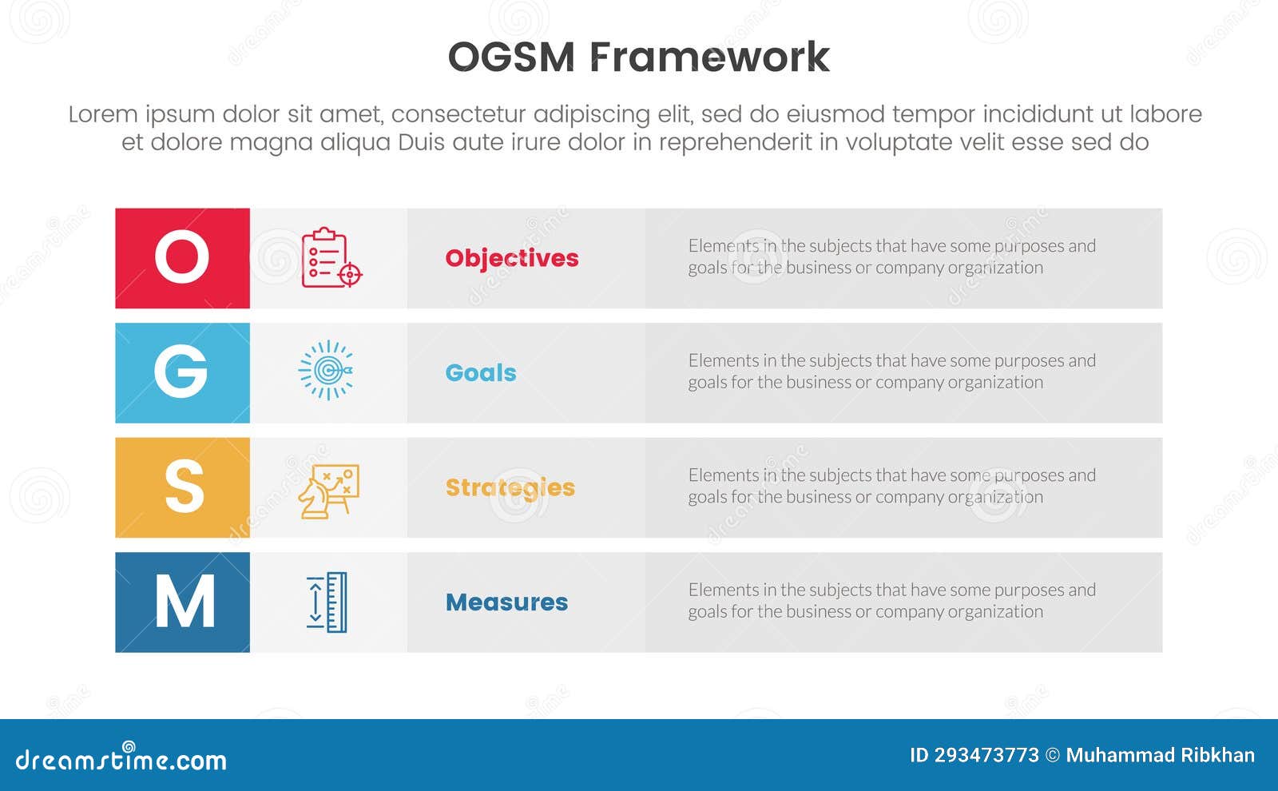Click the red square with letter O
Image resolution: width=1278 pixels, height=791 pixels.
coord(182,258)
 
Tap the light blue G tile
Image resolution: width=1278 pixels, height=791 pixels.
coord(182,372)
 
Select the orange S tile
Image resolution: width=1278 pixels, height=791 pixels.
coord(182,487)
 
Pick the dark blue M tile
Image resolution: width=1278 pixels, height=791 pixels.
coord(182,602)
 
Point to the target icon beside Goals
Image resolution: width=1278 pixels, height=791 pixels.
coord(327,370)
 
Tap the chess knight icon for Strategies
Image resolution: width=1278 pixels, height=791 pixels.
coord(328,491)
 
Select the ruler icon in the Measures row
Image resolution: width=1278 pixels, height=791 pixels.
coord(327,602)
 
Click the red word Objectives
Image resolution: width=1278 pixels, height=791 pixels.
coord(512,258)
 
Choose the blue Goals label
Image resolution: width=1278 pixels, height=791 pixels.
coord(481,372)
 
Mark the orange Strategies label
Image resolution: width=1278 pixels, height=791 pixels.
coord(510,487)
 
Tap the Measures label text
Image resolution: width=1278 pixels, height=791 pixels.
coord(506,602)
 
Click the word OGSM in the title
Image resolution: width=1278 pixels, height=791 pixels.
coord(511,58)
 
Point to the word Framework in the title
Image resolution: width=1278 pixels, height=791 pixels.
coord(709,58)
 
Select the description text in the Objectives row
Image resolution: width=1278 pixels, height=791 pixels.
coord(891,256)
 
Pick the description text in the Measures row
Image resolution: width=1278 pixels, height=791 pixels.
coord(891,600)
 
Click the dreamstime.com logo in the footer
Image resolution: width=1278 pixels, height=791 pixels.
coord(121,759)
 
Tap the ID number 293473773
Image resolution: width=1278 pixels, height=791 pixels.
coord(986,755)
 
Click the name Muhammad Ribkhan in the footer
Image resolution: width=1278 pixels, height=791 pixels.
coord(1160,755)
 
